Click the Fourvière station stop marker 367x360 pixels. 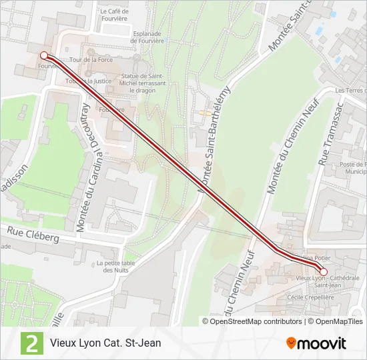[43, 55]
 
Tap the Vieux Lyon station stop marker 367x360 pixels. [324, 272]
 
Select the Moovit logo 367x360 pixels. [316, 343]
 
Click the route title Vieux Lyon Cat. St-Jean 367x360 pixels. [105, 343]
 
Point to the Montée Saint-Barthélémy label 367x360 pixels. [216, 141]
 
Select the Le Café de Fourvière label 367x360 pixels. [113, 15]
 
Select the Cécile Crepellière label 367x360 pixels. [309, 297]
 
